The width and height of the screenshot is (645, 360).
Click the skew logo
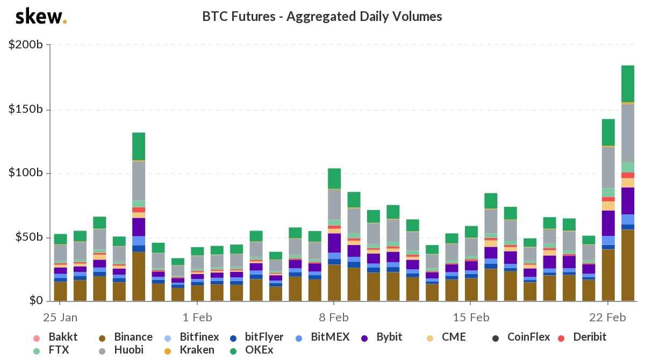tap(41, 17)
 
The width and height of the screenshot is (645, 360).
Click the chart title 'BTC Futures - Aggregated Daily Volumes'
tap(322, 17)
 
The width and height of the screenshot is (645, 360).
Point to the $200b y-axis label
tap(26, 45)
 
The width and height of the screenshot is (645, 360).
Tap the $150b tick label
tap(26, 110)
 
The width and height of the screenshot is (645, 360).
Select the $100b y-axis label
tap(26, 173)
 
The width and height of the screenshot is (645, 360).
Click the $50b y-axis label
tap(28, 237)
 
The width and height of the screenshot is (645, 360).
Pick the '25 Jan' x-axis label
tap(60, 317)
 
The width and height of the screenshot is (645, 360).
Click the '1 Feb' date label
tap(197, 317)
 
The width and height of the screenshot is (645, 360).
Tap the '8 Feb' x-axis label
tap(334, 317)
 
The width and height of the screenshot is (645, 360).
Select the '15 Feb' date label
tap(471, 317)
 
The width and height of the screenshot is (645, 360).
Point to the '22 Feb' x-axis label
tap(608, 317)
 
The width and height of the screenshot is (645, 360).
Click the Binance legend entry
tap(127, 337)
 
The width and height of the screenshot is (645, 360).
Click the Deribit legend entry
tap(583, 337)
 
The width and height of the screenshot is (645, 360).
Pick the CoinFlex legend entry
tap(521, 337)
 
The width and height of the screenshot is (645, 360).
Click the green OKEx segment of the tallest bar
tap(628, 84)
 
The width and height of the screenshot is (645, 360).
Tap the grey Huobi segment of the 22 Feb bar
tap(608, 167)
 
